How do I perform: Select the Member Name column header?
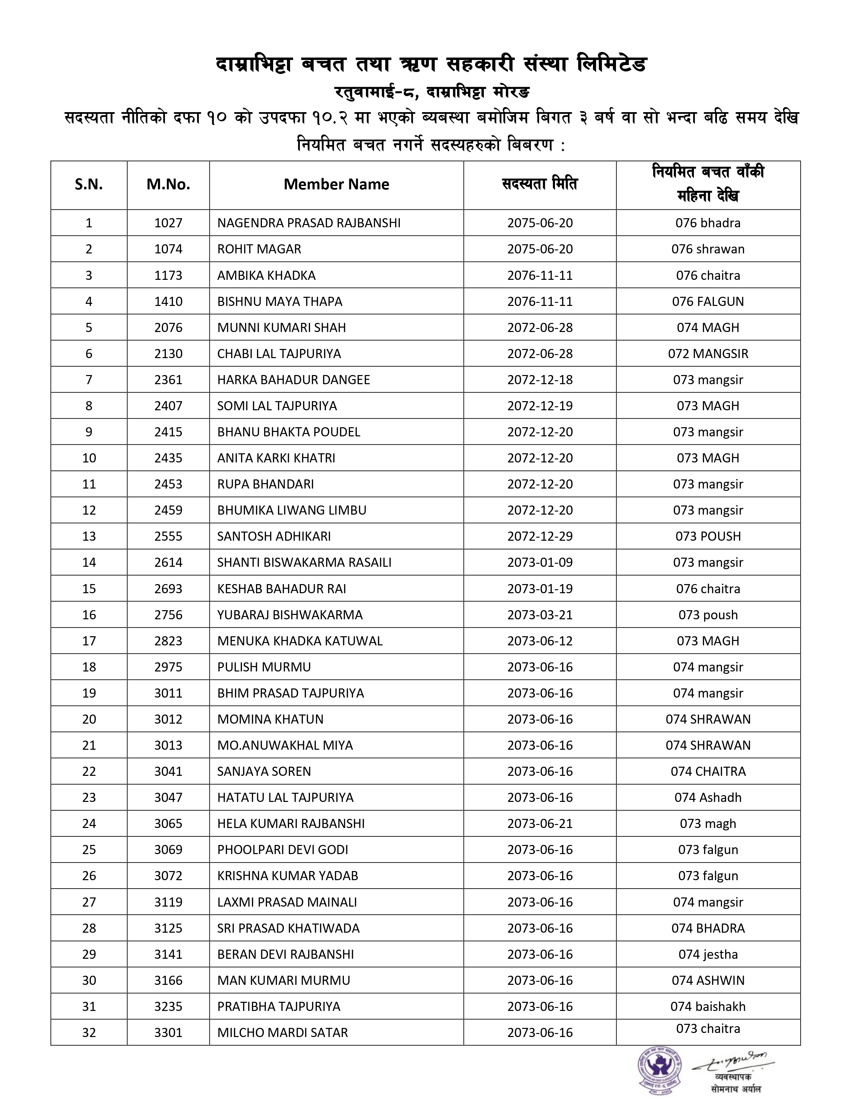tap(336, 184)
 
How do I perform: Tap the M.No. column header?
tap(168, 184)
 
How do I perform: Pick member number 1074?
tap(168, 249)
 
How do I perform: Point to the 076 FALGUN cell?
tap(708, 302)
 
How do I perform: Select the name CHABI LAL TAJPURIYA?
tap(279, 354)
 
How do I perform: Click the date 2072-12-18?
tap(540, 380)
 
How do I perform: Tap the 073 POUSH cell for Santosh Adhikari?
tap(708, 537)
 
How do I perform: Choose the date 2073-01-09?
tap(540, 563)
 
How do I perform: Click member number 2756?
tap(168, 615)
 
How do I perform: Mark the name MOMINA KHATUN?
tap(270, 719)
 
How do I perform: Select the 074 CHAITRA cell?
tap(708, 771)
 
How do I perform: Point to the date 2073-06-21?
tap(540, 824)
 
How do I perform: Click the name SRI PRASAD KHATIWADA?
tap(288, 928)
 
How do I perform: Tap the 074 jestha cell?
tap(708, 954)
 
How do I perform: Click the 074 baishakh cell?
tap(708, 1007)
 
